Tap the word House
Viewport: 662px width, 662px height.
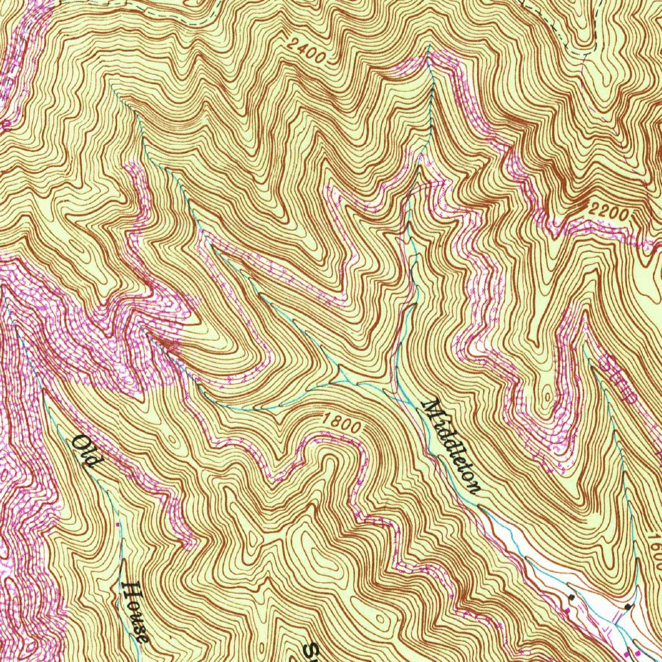[136, 612]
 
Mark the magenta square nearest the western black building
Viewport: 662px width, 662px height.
[568, 610]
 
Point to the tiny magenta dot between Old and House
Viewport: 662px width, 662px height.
[118, 524]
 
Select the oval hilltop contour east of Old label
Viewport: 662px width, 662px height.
[172, 439]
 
